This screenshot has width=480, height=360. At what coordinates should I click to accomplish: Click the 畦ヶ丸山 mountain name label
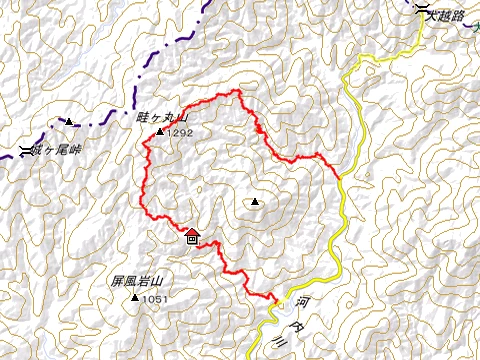155,117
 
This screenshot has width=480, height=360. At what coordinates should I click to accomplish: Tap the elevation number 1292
180,131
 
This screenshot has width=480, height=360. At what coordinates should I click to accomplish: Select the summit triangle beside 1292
160,131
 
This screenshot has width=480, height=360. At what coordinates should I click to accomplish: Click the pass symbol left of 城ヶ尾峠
25,151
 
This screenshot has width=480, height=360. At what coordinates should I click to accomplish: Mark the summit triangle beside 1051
135,297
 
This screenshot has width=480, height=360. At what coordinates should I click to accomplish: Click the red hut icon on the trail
192,236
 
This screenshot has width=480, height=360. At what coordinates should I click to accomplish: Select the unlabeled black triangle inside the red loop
256,202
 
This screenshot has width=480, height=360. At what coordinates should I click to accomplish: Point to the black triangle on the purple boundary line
69,122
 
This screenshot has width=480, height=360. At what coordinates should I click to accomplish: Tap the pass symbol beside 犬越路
426,11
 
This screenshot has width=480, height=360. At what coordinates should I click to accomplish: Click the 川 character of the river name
279,339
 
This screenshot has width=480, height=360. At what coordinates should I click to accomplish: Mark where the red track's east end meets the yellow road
340,177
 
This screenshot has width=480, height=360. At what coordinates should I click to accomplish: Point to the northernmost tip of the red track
238,91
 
